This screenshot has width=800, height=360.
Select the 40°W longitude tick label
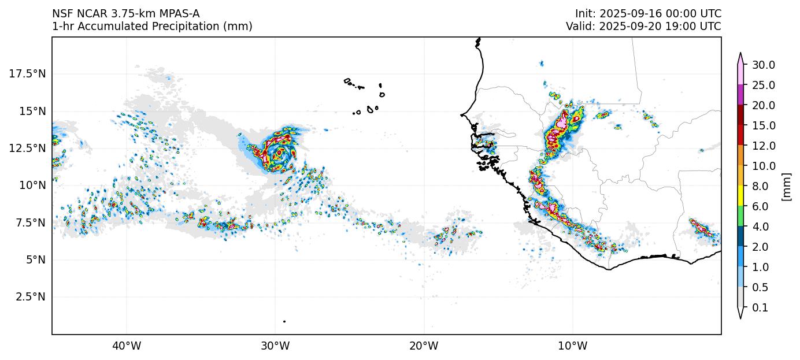pos(126,346)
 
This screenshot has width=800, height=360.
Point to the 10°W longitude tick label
pos(572,346)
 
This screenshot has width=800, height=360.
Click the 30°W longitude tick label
pos(275,346)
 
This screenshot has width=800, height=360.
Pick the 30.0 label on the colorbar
pos(763,65)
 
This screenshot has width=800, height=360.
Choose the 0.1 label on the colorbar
pos(760,308)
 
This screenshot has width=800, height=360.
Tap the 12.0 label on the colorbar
pos(763,146)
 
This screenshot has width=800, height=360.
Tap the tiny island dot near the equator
pos(284,321)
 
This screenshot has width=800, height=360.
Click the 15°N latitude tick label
pos(32,111)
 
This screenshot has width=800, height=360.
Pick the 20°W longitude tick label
pos(424,346)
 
